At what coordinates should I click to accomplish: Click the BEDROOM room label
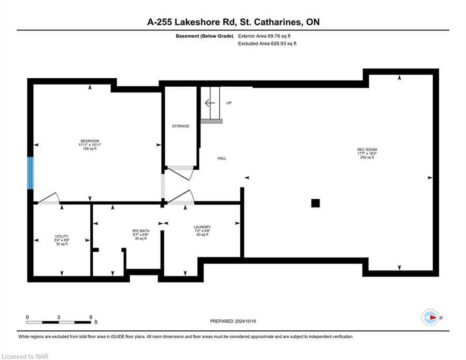point(90,141)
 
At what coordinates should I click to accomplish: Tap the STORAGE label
point(181,126)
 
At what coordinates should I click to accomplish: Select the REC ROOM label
point(367,150)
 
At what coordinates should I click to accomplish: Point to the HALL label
point(222,158)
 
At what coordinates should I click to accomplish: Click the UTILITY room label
point(62,237)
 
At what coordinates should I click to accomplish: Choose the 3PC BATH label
point(141,231)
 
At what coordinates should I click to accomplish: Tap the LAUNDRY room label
point(202,227)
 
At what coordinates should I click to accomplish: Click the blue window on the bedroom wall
point(30,173)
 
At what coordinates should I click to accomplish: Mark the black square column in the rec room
point(315,203)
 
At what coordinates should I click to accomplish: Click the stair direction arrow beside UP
point(210,103)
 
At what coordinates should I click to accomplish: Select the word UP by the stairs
point(229,103)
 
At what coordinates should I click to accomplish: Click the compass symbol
point(430,317)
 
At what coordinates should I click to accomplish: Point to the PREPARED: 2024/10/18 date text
point(233,321)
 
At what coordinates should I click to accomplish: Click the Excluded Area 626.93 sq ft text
point(267,44)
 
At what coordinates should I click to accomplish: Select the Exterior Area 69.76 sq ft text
point(264,36)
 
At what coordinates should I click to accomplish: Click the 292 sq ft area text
point(367,157)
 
